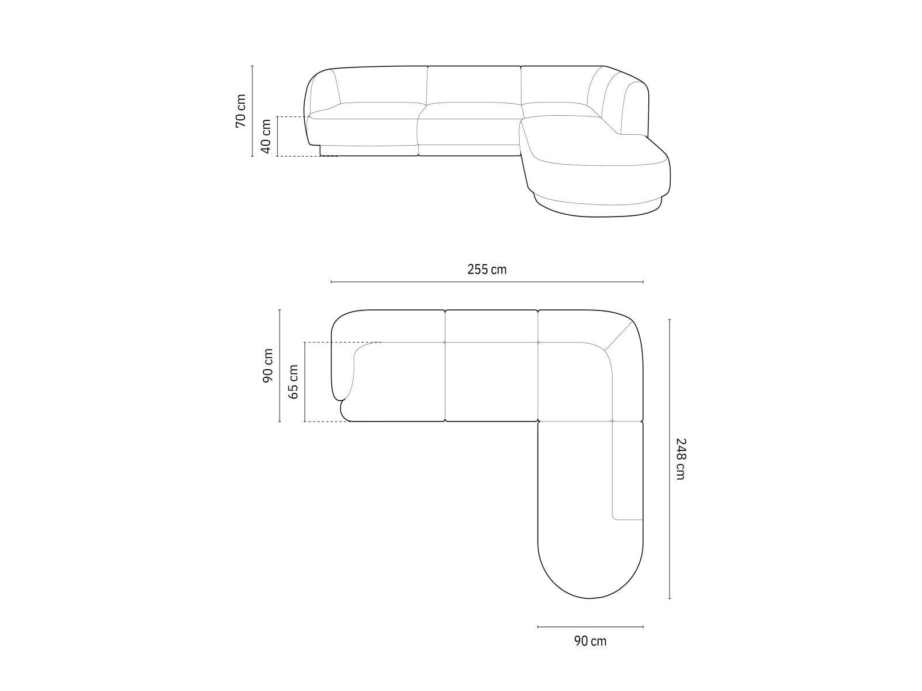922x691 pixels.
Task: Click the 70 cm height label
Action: pos(241,110)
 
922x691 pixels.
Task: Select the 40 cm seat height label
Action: pos(266,136)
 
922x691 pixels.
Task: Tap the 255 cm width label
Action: pos(487,269)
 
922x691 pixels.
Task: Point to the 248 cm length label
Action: pos(681,459)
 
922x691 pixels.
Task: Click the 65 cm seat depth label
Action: pos(293,382)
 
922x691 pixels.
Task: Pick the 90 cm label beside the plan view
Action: pos(268,366)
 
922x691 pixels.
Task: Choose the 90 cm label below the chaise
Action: pos(590,641)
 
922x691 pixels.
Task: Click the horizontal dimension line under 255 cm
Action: pos(487,282)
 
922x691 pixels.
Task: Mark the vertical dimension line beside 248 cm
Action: pos(670,459)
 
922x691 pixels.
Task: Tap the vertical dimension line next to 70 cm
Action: pos(253,110)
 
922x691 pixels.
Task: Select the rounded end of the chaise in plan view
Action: pos(590,576)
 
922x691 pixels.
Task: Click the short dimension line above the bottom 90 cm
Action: pos(590,627)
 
